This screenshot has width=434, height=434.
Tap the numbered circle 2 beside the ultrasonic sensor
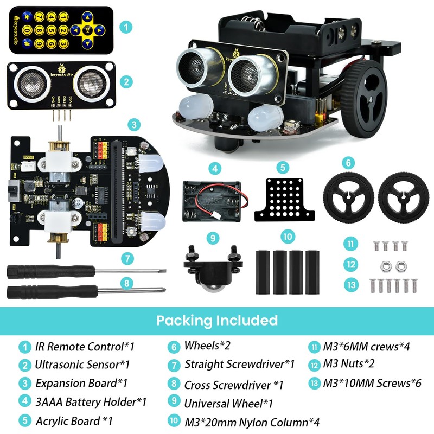coord(126,82)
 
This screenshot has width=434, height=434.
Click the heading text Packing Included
coord(217,320)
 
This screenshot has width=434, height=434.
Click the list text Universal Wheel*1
coord(228,404)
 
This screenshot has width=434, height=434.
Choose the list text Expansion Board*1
coord(81,383)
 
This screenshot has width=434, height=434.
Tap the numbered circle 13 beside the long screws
coord(352,284)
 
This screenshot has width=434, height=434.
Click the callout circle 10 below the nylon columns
coord(288,237)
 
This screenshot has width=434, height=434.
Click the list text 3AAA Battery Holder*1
coord(91,402)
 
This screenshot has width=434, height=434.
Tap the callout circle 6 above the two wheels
coord(349,162)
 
